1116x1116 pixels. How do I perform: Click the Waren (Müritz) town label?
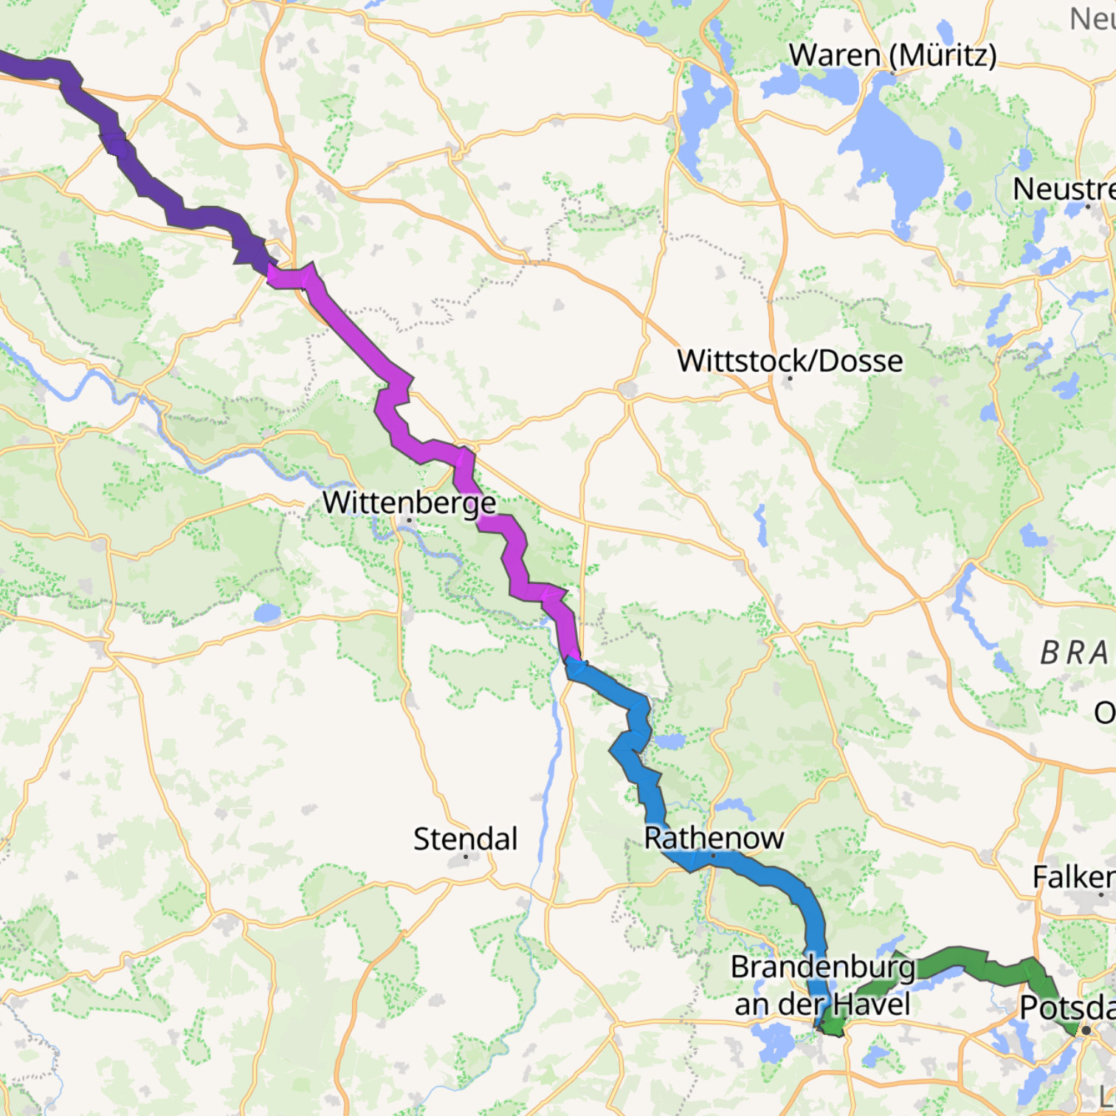click(892, 55)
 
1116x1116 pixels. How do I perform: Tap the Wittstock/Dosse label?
click(790, 361)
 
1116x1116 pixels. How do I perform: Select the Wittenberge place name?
click(409, 503)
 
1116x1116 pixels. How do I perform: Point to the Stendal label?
click(465, 839)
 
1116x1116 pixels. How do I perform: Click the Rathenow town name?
click(713, 838)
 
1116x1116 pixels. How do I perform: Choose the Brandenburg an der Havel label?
click(822, 985)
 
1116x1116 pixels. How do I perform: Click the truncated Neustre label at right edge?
click(1064, 189)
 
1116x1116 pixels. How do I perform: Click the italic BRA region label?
click(1074, 653)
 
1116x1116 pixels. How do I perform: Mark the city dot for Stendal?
click(466, 857)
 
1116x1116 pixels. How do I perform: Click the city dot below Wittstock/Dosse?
click(790, 379)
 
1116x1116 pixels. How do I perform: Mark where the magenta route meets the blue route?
click(572, 661)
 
